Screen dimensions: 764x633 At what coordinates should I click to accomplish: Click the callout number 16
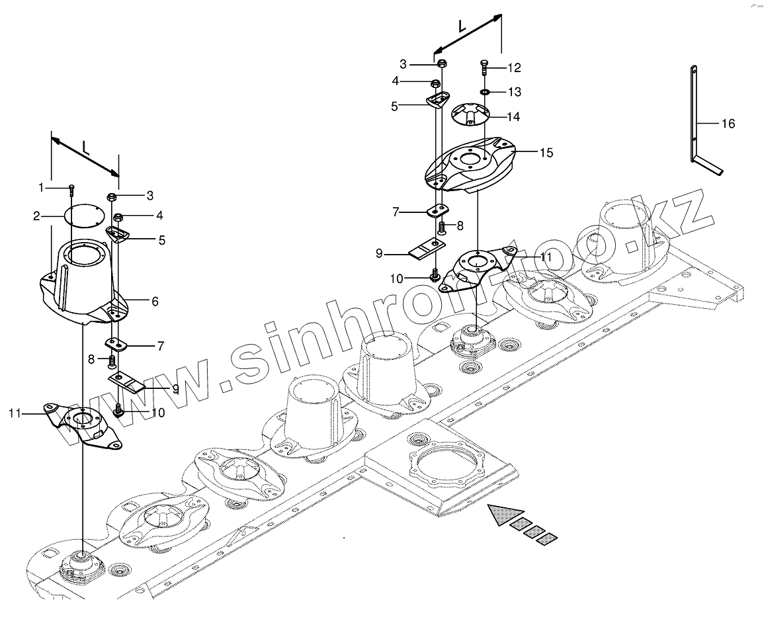click(728, 124)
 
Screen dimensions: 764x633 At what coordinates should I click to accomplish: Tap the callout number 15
click(546, 153)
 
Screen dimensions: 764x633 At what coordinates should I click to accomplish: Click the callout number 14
click(513, 116)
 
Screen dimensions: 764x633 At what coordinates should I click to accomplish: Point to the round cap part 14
click(470, 114)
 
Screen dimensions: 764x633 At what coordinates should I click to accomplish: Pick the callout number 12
click(514, 67)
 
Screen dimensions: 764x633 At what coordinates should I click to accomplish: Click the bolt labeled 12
click(484, 67)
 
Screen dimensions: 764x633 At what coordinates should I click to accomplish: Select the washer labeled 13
click(484, 91)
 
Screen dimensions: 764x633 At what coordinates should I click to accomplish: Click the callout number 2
click(38, 216)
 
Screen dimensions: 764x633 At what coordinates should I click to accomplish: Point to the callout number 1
click(41, 187)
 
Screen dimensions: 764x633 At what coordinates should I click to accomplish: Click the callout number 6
click(155, 301)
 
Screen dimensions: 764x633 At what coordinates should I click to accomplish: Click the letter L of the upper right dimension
click(462, 26)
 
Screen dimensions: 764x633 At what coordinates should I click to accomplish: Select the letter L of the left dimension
click(85, 148)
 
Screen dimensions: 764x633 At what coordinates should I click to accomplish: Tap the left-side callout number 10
click(158, 412)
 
